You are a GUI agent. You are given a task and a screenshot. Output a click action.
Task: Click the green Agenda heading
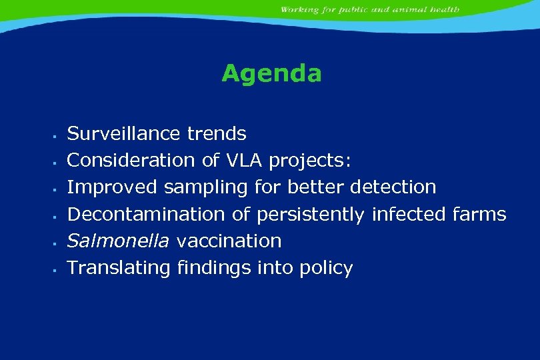271,73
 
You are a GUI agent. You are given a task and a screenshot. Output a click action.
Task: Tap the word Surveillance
124,134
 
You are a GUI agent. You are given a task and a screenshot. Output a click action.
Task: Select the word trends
217,134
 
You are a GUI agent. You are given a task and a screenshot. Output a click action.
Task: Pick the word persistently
311,215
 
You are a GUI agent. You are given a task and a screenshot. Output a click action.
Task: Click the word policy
326,269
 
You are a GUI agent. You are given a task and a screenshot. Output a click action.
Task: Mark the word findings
210,268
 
